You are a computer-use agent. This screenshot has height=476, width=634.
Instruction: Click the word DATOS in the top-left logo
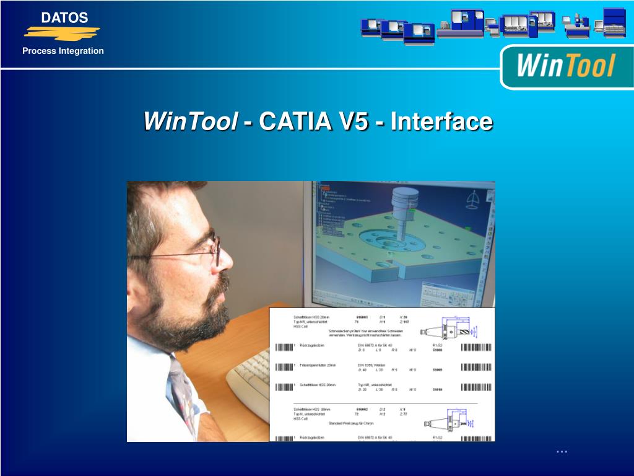pos(64,18)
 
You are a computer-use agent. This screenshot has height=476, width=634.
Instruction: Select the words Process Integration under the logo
pos(63,51)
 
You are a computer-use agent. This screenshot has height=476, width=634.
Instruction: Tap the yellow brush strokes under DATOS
pos(62,32)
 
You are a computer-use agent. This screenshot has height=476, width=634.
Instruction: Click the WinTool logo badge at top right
pos(566,66)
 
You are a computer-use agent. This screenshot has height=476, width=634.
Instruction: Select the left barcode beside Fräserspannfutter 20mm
pos(284,367)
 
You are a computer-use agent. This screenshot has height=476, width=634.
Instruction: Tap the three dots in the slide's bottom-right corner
pos(562,452)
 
